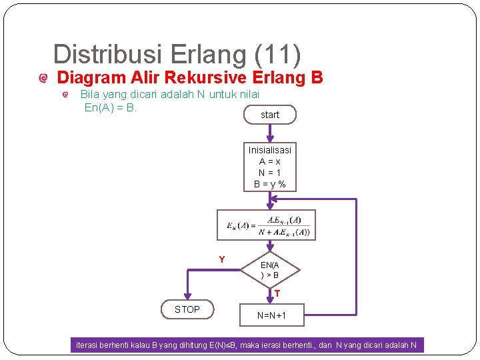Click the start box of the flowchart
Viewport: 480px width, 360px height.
click(x=270, y=115)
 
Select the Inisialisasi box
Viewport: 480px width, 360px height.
click(x=270, y=167)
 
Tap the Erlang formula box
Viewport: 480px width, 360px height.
click(x=267, y=225)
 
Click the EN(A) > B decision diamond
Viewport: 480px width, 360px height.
click(x=270, y=270)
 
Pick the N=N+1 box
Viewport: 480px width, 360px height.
click(x=271, y=315)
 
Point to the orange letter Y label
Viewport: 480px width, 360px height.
click(x=222, y=259)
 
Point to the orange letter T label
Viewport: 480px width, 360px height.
click(x=277, y=293)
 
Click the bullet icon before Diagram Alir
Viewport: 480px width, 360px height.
click(x=44, y=79)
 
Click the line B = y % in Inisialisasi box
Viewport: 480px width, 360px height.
click(x=270, y=184)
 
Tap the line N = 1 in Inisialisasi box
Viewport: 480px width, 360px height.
click(x=270, y=173)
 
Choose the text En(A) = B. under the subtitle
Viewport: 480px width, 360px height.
click(x=111, y=107)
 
